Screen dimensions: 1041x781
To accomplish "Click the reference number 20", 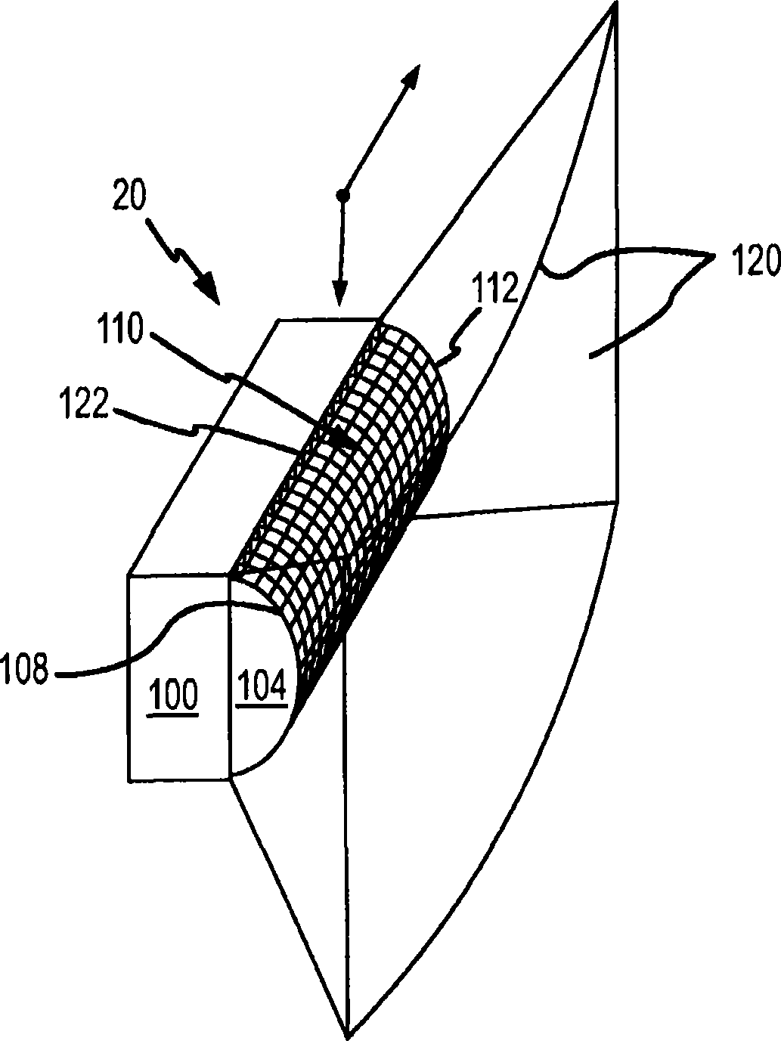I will click(131, 196).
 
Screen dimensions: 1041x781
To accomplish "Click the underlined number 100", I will click(174, 693).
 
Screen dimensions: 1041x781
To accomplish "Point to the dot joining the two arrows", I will click(342, 195).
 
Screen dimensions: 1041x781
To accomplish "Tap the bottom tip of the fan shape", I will click(347, 1033).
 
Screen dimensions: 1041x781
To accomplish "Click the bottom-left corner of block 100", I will click(130, 778).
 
